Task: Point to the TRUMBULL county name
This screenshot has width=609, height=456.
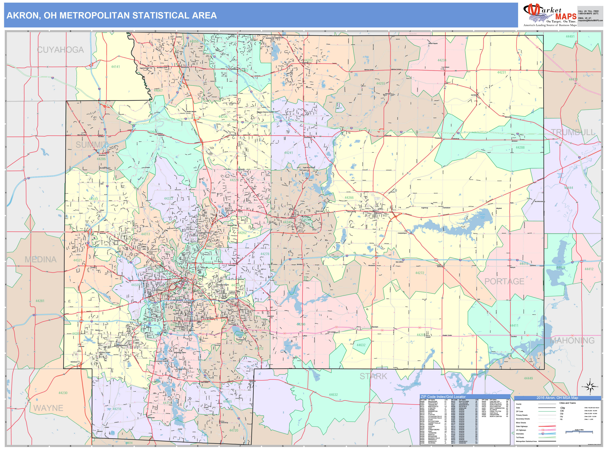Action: [573, 132]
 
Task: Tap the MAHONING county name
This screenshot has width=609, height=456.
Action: [572, 340]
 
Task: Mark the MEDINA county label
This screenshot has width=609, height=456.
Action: [41, 259]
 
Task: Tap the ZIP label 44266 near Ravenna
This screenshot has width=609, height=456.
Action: [349, 198]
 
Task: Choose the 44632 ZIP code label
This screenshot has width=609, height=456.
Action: [361, 345]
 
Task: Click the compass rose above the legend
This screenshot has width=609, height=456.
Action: [590, 387]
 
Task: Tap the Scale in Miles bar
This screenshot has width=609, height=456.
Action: [579, 432]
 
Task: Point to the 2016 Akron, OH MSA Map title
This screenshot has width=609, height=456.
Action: [557, 398]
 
